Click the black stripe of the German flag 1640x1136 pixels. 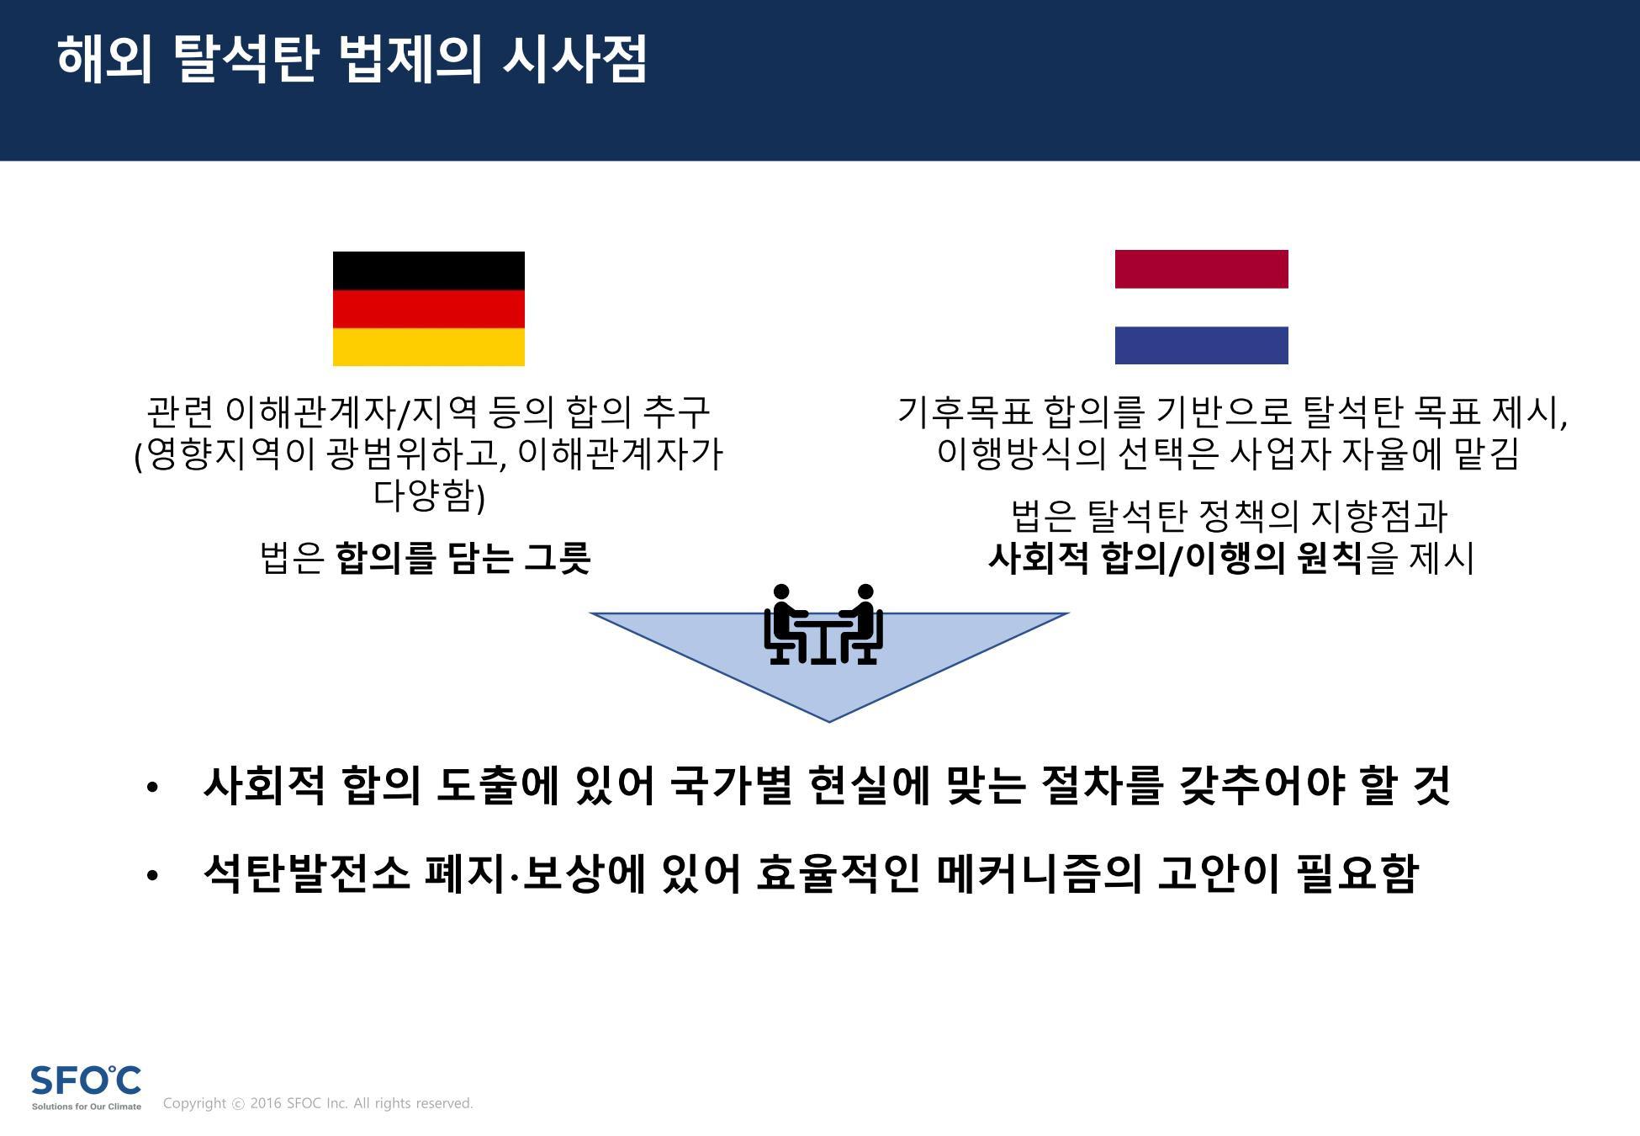pyautogui.click(x=429, y=270)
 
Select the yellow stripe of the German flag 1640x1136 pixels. pyautogui.click(x=429, y=347)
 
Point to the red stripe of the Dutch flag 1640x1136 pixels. pyautogui.click(x=1201, y=268)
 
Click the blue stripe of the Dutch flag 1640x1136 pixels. pyautogui.click(x=1201, y=345)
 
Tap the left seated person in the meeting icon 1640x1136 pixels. pyautogui.click(x=786, y=624)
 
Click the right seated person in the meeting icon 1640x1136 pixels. pyautogui.click(x=860, y=624)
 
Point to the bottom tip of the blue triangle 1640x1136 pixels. pyautogui.click(x=829, y=721)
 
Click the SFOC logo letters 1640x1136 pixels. pyautogui.click(x=86, y=1080)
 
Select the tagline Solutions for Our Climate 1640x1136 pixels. pyautogui.click(x=87, y=1107)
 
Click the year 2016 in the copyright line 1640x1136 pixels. pyautogui.click(x=265, y=1103)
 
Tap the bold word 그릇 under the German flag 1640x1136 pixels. pyautogui.click(x=558, y=557)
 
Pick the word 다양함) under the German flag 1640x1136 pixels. pyautogui.click(x=429, y=496)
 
